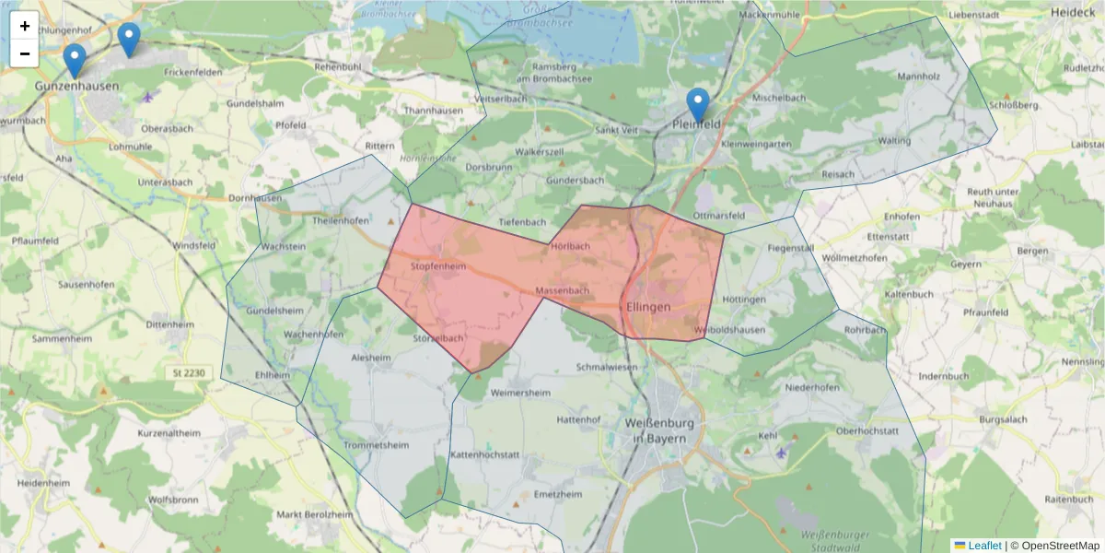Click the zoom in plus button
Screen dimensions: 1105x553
pyautogui.click(x=25, y=26)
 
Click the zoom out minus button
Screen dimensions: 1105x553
pyautogui.click(x=25, y=53)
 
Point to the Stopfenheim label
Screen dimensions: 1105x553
pyautogui.click(x=438, y=266)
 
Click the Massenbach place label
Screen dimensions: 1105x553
pyautogui.click(x=562, y=291)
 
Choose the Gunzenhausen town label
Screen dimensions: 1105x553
pyautogui.click(x=77, y=86)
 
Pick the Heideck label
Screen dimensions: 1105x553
pyautogui.click(x=1073, y=13)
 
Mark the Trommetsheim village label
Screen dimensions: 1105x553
pyautogui.click(x=375, y=445)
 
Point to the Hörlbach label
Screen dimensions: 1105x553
pyautogui.click(x=569, y=247)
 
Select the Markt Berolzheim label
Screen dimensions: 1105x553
pyautogui.click(x=315, y=514)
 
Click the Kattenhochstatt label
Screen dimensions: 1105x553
pyautogui.click(x=484, y=455)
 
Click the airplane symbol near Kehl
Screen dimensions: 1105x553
pyautogui.click(x=782, y=453)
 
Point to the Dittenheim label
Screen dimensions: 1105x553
pyautogui.click(x=169, y=324)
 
